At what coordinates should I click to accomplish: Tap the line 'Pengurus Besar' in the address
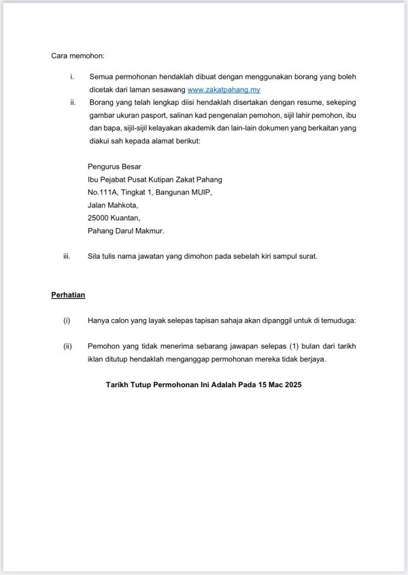point(112,167)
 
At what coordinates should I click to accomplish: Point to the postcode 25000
point(100,218)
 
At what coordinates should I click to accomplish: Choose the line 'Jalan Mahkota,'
point(113,205)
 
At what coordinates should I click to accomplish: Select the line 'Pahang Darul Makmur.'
point(126,231)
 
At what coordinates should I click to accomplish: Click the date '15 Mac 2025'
point(275,384)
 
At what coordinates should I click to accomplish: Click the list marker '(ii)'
point(67,346)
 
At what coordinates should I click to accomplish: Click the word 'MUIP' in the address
point(202,192)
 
